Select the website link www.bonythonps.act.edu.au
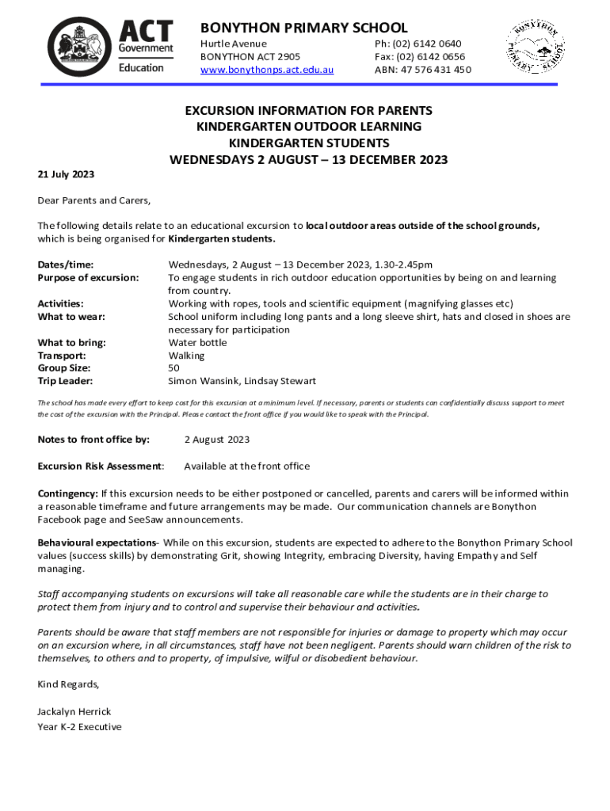[x=267, y=70]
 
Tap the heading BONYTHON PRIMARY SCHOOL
[x=303, y=28]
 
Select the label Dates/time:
[x=71, y=265]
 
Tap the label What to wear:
[x=72, y=317]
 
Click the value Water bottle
[x=197, y=343]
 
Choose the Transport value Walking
[x=186, y=356]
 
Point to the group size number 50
[x=174, y=368]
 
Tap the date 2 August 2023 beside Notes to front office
[x=217, y=440]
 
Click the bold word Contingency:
[x=68, y=493]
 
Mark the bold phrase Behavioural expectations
[x=96, y=543]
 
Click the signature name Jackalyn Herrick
[x=75, y=711]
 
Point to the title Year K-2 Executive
[x=79, y=726]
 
